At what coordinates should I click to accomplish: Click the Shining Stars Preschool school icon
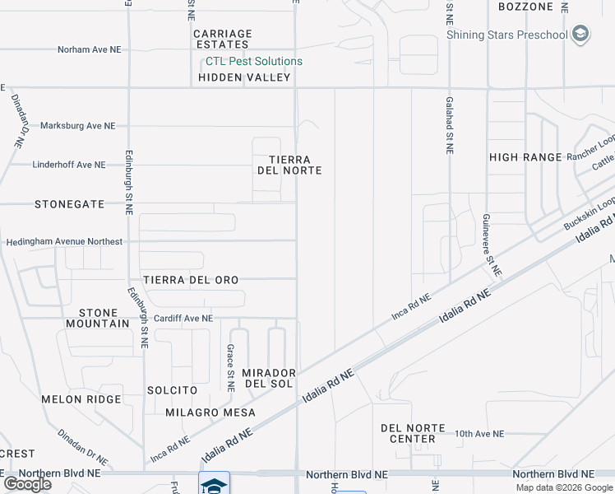tap(581, 34)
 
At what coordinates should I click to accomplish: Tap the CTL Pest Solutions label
tap(254, 62)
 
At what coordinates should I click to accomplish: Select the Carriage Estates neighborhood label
tap(222, 39)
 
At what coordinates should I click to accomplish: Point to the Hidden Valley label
tap(244, 77)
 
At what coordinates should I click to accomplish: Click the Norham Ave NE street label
tap(89, 49)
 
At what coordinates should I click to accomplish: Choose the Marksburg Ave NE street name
tap(78, 126)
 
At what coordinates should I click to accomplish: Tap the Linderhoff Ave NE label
tap(69, 165)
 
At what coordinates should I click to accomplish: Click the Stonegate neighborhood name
tap(69, 203)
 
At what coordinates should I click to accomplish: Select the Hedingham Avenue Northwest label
tap(64, 242)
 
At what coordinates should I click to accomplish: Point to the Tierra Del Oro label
tap(191, 280)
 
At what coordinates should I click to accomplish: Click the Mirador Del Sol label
tap(268, 379)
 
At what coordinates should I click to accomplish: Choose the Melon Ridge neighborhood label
tap(81, 399)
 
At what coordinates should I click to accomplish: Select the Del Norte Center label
tap(413, 433)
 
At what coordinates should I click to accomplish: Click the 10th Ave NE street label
tap(479, 433)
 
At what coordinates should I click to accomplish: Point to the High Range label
tap(525, 156)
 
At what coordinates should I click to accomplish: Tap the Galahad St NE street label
tap(450, 124)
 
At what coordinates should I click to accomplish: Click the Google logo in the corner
tap(27, 483)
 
